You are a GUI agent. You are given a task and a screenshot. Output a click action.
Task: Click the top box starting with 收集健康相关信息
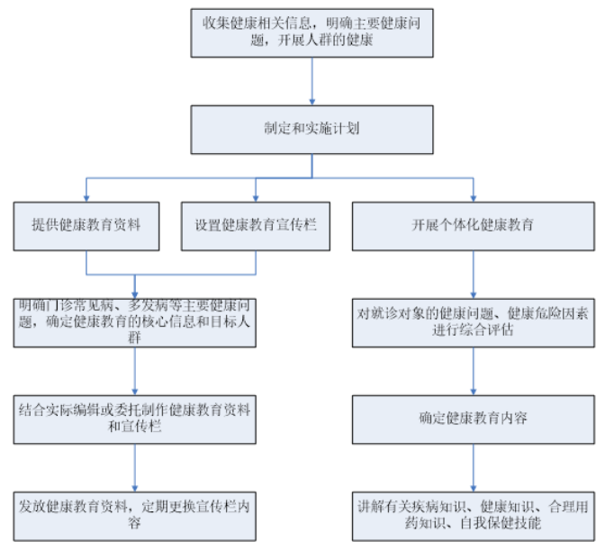pos(312,33)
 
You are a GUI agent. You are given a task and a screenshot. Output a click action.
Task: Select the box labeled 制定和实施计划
pos(312,129)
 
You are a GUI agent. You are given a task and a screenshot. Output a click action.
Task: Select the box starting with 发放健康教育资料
pos(135,514)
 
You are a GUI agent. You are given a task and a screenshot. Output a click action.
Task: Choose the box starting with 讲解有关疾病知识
pos(474,514)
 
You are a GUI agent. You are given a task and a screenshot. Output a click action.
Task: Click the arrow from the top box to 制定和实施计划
pos(312,81)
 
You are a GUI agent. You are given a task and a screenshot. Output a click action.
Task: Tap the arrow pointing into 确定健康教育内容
pos(474,370)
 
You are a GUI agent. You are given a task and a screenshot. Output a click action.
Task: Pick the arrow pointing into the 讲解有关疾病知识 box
pos(474,466)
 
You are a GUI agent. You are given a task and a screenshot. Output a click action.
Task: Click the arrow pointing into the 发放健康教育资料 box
pos(135,466)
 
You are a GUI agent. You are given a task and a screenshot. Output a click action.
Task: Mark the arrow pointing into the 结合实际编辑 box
pos(135,370)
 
